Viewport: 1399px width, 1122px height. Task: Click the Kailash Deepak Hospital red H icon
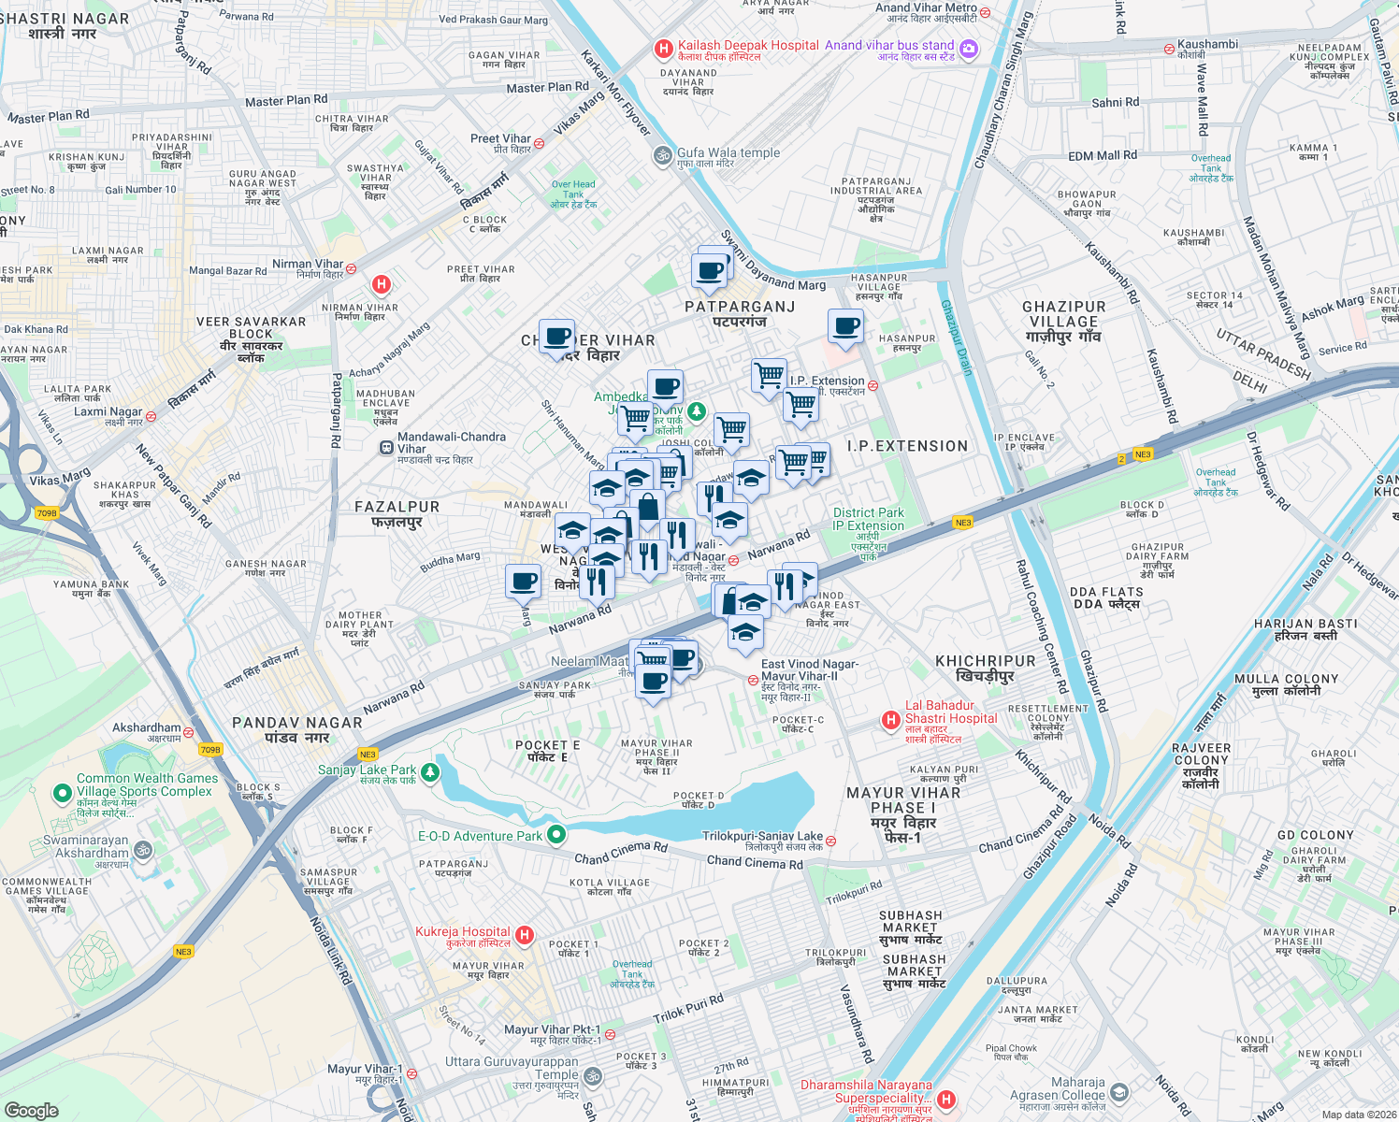663,49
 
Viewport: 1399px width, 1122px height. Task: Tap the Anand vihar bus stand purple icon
969,49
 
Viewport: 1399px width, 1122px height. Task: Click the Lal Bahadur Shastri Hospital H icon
891,720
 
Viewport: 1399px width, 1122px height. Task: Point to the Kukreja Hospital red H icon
525,935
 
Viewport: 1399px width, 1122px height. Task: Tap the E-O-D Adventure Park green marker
556,835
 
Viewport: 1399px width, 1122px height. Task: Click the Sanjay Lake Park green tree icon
429,772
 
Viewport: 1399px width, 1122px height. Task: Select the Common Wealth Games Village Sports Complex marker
63,794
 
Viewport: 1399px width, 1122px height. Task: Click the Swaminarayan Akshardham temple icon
142,849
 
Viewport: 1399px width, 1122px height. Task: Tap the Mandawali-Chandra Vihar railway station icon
386,448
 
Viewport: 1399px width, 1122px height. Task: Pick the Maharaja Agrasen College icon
1119,1092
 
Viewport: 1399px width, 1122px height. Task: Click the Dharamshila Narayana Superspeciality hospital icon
945,1100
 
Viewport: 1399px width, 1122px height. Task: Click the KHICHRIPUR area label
986,668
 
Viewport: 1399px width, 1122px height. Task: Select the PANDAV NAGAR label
296,729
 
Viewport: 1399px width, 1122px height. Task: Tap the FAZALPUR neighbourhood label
397,513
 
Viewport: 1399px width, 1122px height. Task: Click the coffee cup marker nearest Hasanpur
845,327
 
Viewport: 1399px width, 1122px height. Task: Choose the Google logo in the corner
32,1110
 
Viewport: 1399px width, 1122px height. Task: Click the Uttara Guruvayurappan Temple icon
592,1077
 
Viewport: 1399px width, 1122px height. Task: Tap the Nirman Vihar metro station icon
351,268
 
